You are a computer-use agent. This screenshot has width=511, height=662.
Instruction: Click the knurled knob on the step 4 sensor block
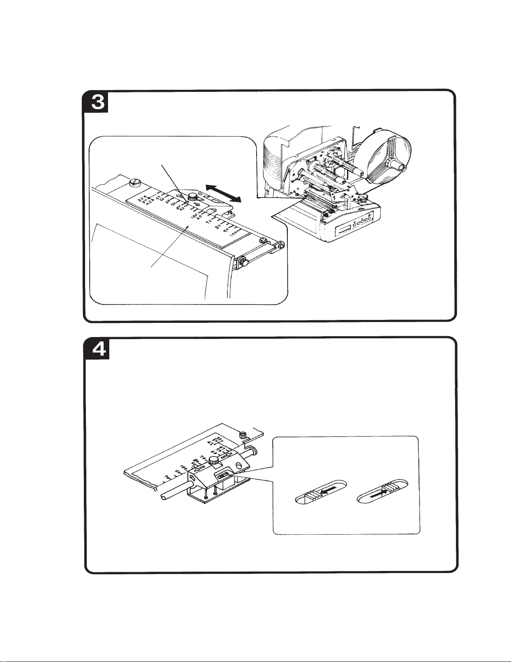pos(214,460)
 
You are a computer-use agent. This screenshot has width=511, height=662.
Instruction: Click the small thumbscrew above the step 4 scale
pos(242,435)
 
